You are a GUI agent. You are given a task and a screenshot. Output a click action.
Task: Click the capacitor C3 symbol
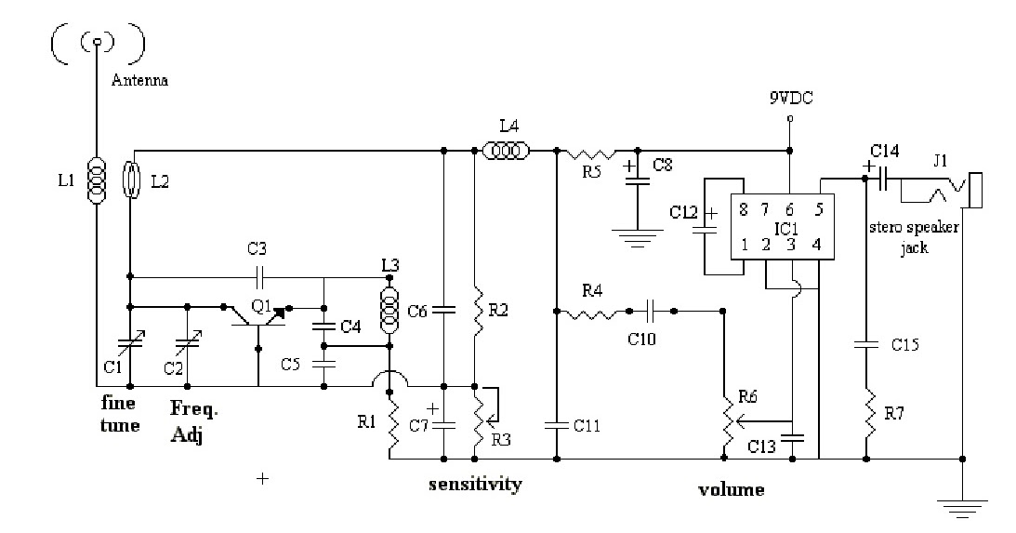[x=259, y=276]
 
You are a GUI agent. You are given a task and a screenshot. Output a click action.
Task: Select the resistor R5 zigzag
[x=596, y=151]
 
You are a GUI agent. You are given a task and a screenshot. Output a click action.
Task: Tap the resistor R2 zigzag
[x=475, y=313]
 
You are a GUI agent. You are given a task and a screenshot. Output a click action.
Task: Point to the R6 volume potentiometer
[x=723, y=418]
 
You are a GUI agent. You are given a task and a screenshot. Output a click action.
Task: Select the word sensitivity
[x=475, y=484]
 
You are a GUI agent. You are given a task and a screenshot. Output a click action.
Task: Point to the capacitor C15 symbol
[x=865, y=345]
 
